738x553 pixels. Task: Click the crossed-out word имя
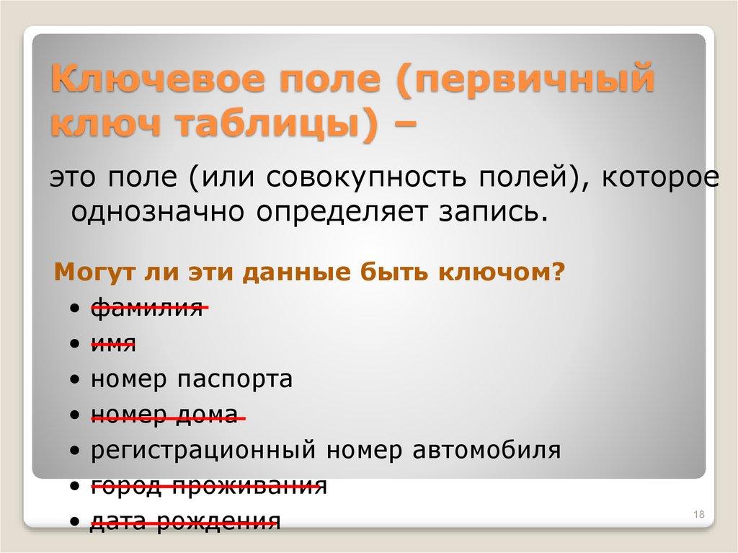pyautogui.click(x=113, y=344)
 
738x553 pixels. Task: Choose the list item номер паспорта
pyautogui.click(x=192, y=379)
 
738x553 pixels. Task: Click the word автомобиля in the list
pyautogui.click(x=487, y=451)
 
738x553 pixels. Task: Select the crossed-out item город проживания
pyautogui.click(x=209, y=486)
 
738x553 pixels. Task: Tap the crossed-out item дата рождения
pyautogui.click(x=184, y=521)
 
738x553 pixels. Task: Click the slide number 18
pyautogui.click(x=698, y=513)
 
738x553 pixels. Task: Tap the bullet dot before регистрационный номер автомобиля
pyautogui.click(x=76, y=451)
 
